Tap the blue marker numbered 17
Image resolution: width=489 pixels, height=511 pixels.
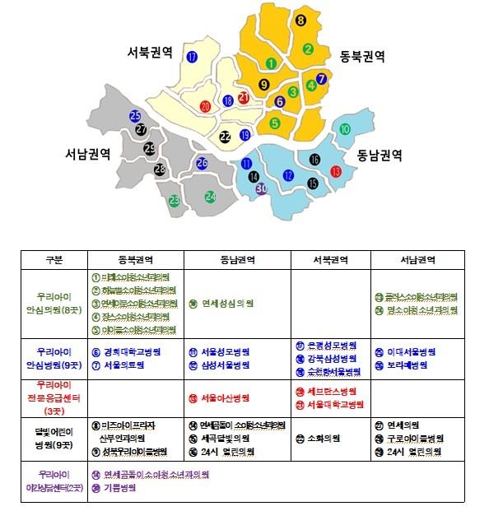click(192, 58)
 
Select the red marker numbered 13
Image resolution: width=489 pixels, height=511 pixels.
click(336, 171)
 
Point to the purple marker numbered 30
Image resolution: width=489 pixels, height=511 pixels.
click(262, 189)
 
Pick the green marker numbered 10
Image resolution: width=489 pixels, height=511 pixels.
click(346, 129)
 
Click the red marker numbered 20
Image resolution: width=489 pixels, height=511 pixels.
click(206, 106)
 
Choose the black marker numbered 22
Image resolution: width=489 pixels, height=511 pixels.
click(226, 137)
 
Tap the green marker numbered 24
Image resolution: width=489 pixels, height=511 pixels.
click(211, 197)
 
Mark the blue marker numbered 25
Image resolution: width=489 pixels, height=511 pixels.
click(136, 117)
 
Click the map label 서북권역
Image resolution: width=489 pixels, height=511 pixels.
click(149, 51)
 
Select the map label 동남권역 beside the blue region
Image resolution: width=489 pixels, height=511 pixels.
click(379, 154)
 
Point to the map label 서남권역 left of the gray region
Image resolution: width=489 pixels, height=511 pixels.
click(87, 154)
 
